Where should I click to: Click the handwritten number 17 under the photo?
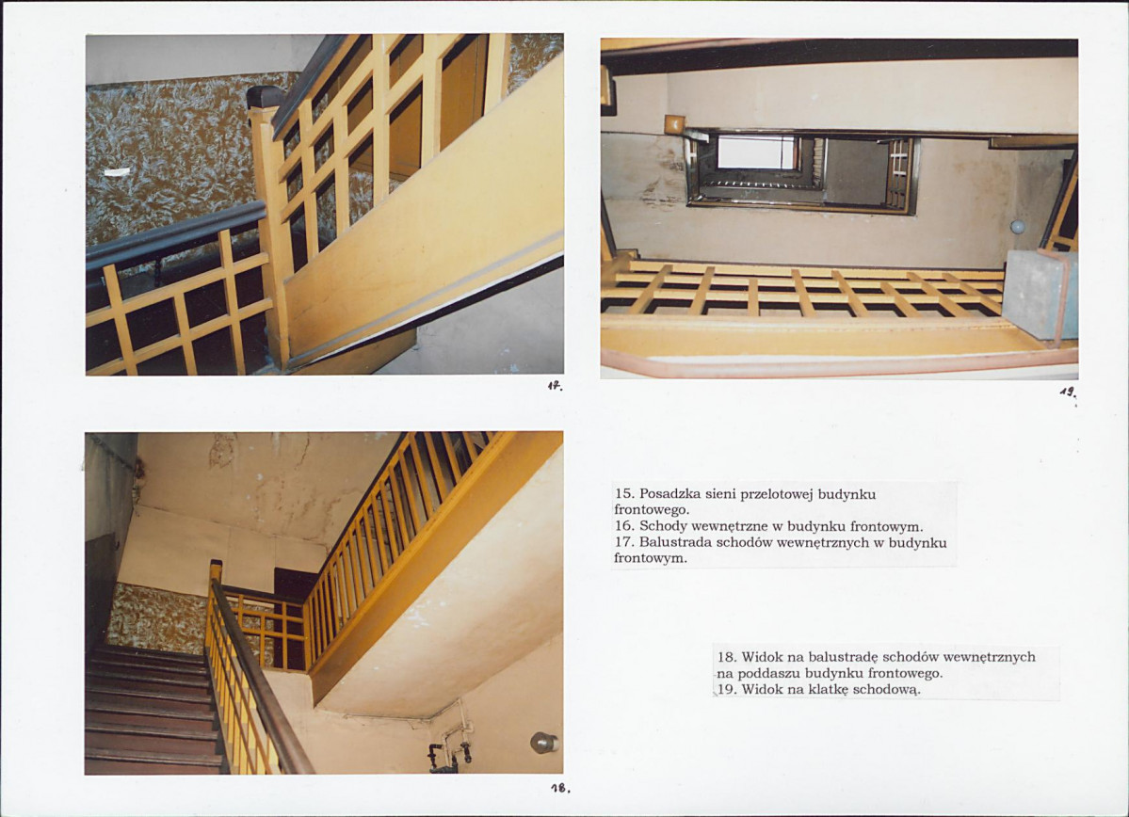click(x=555, y=387)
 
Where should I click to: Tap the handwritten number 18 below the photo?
click(x=559, y=788)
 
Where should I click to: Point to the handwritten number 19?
click(x=1068, y=392)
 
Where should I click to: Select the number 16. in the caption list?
click(x=624, y=525)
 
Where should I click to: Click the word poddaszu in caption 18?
click(x=768, y=674)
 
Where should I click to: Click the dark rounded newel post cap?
click(x=266, y=97)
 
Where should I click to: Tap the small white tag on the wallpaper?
click(x=117, y=172)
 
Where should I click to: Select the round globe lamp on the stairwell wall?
click(x=1017, y=228)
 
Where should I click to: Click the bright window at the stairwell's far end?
click(x=757, y=152)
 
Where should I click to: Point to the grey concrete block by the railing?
click(x=1039, y=294)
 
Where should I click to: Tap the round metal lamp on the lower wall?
click(x=543, y=742)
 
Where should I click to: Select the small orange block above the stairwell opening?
click(x=674, y=124)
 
